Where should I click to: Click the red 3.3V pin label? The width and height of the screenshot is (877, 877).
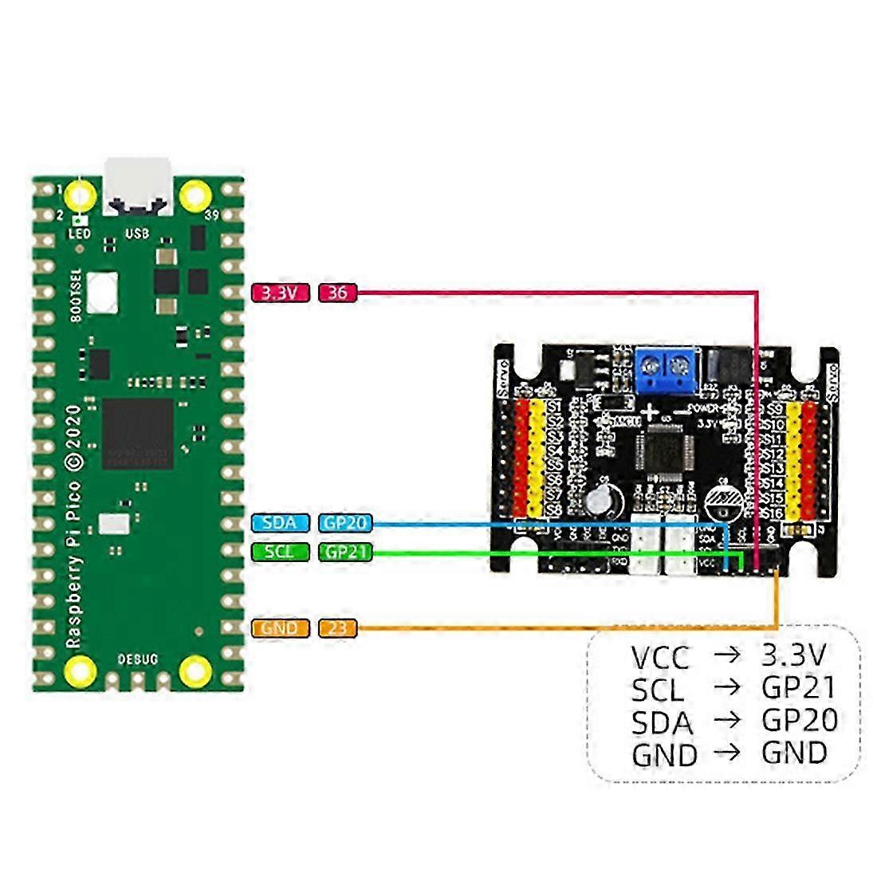279,293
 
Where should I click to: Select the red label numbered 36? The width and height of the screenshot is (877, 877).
337,293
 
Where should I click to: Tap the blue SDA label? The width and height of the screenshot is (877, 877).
279,523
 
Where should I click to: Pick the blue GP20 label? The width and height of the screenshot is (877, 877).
345,523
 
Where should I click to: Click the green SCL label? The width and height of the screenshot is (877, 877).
279,551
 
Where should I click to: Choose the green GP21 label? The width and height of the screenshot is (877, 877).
345,551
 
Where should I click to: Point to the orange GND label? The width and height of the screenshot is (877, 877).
279,628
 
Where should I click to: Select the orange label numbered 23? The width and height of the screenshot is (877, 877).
337,628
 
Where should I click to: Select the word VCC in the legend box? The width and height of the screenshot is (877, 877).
659,658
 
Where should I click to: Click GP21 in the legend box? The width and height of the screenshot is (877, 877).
798,687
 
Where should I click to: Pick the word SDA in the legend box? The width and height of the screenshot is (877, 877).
662,722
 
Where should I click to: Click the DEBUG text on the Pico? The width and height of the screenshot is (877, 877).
138,659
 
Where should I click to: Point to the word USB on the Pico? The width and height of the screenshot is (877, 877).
137,234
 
